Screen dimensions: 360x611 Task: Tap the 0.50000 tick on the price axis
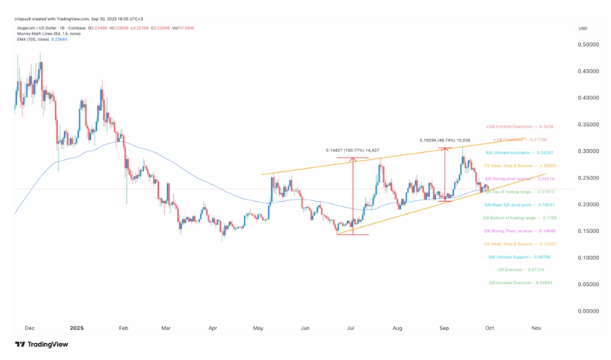(x=587, y=44)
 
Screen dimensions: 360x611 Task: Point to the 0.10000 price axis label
(x=587, y=258)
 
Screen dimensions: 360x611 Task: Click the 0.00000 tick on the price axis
(x=587, y=311)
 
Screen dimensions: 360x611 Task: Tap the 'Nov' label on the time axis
(x=537, y=326)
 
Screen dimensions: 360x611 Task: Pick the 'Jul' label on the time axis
(x=351, y=326)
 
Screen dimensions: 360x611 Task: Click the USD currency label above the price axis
(x=584, y=28)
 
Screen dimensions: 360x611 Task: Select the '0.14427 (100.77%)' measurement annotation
(x=352, y=150)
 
